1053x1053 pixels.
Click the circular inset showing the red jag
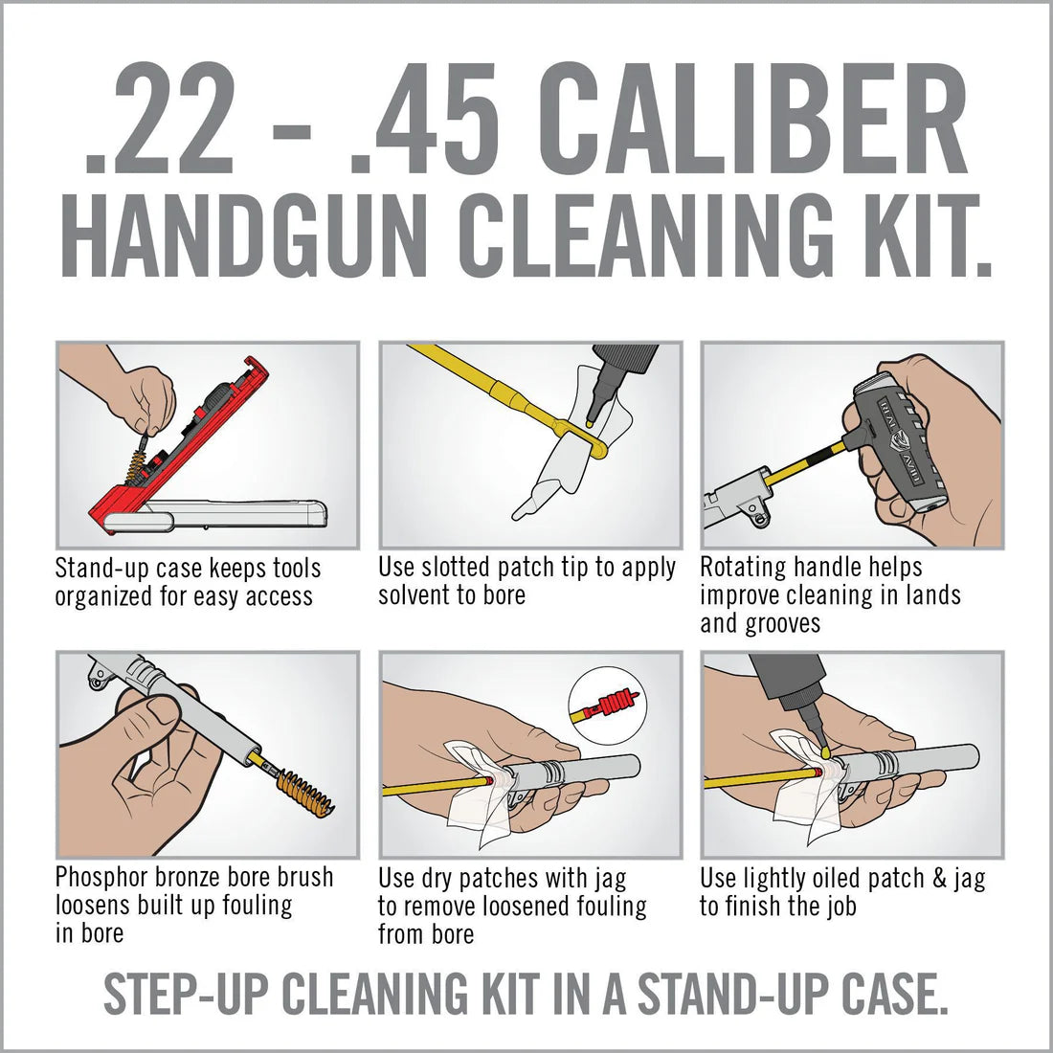607,709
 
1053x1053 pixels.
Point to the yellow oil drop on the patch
824,752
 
